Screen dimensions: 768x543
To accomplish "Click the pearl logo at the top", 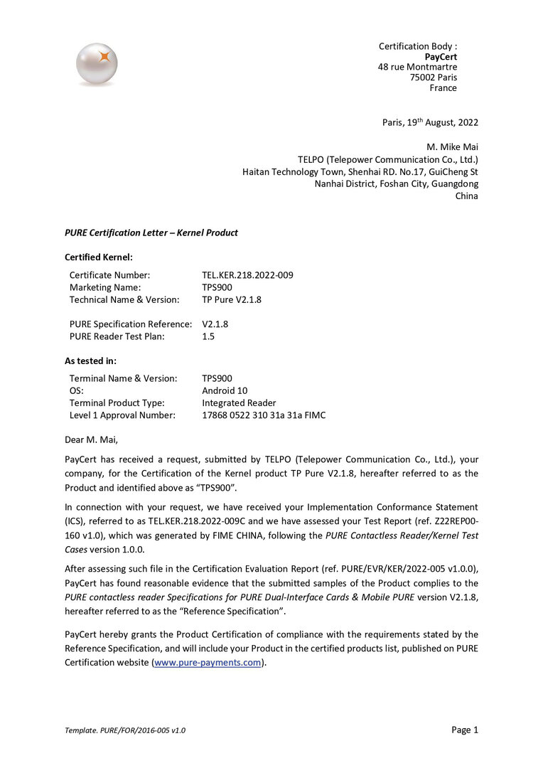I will click(x=97, y=64).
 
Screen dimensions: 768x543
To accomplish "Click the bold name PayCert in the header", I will click(x=441, y=57).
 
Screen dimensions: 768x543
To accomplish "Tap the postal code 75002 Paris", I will click(x=433, y=78).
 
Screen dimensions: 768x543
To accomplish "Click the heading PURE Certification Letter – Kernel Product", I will click(x=151, y=233).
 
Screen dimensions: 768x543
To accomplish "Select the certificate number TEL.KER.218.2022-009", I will click(x=247, y=274).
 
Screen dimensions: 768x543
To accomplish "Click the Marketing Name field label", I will click(x=105, y=287).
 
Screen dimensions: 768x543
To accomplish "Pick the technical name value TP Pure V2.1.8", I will click(x=232, y=299).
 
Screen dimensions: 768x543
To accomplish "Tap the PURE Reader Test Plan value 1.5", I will click(x=208, y=336).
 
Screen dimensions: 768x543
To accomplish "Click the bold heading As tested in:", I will click(x=90, y=361).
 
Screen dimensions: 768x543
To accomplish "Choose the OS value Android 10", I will click(x=225, y=390).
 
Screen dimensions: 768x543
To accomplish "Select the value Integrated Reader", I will click(x=239, y=402).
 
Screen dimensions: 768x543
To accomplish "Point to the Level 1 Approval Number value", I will click(x=264, y=415).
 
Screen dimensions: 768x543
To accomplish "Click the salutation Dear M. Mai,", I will click(x=92, y=439).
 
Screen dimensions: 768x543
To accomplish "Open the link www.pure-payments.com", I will click(x=208, y=663).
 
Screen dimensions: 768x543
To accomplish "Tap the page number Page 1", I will click(x=465, y=730).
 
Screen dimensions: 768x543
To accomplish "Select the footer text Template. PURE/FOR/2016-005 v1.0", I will click(x=125, y=730).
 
